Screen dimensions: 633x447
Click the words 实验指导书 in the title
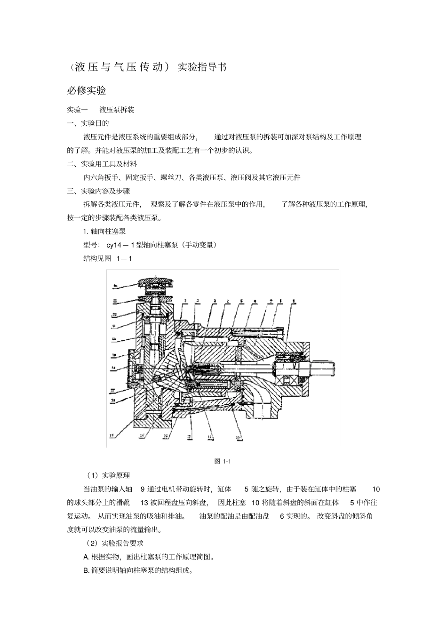pyautogui.click(x=202, y=67)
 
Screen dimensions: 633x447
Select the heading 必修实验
pyautogui.click(x=87, y=90)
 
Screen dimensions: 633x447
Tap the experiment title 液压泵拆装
pyautogui.click(x=117, y=110)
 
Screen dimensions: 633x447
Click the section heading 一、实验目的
pyautogui.click(x=88, y=123)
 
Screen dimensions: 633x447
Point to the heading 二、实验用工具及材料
pyautogui.click(x=102, y=164)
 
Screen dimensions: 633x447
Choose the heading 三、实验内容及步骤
pyautogui.click(x=98, y=191)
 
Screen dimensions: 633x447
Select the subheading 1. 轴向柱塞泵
pyautogui.click(x=104, y=232)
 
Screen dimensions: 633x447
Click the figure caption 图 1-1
pyautogui.click(x=222, y=461)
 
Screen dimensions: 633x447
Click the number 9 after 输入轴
pyautogui.click(x=143, y=489)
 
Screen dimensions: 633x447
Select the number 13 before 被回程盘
pyautogui.click(x=144, y=503)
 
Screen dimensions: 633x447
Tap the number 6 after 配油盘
pyautogui.click(x=282, y=516)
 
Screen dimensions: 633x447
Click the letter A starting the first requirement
pyautogui.click(x=86, y=557)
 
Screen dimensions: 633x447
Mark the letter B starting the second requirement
pyautogui.click(x=86, y=570)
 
